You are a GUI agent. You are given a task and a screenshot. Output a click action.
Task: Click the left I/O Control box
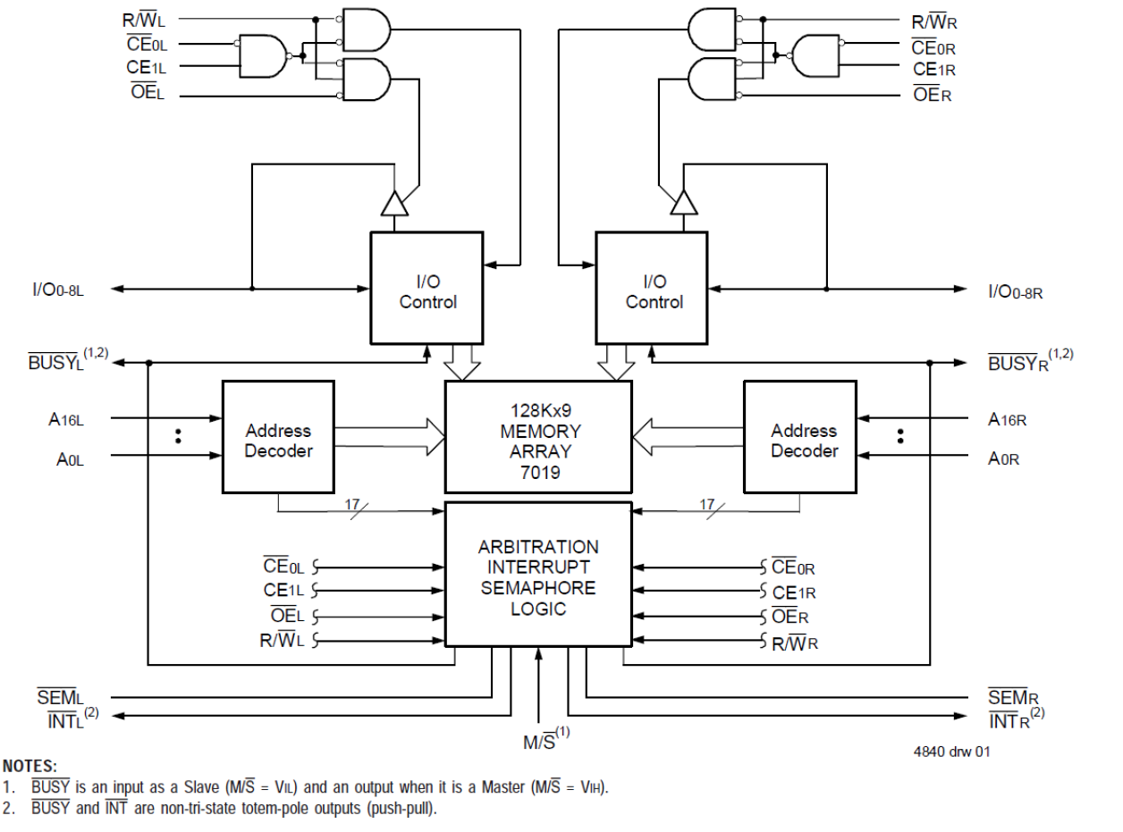427,288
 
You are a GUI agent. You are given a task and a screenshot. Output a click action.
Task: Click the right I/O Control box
653,288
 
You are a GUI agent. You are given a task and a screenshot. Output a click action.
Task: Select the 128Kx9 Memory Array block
538,436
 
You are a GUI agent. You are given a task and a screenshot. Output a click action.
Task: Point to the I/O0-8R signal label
1014,291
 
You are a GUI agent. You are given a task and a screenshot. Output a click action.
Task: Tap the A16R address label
1007,419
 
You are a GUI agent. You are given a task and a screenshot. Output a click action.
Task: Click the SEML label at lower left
60,696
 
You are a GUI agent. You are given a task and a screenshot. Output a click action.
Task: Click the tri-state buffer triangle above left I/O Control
394,205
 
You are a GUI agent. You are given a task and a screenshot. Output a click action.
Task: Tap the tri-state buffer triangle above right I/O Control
684,205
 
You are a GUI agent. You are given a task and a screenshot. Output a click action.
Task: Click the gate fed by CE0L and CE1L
261,56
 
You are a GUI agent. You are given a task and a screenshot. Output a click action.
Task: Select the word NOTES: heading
30,766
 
